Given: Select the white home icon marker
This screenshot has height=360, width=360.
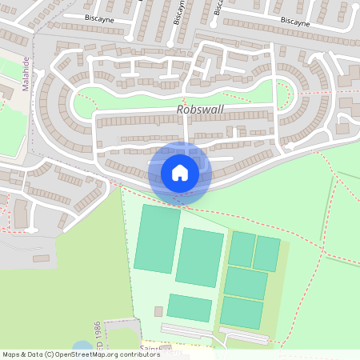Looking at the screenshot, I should [179, 172].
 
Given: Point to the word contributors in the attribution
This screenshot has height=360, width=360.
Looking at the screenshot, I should [137, 354].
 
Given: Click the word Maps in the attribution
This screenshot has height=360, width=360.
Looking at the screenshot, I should [11, 354].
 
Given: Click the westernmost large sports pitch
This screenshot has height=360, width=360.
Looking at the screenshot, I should [157, 238].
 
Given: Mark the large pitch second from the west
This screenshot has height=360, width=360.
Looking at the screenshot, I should [200, 257].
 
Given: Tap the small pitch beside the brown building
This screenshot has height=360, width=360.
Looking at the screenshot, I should [190, 308].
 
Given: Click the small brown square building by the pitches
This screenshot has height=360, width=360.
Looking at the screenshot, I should [158, 310].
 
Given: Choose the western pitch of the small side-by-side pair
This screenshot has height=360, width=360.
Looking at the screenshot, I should [242, 250].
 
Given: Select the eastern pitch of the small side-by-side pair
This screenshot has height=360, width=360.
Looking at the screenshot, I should [267, 254].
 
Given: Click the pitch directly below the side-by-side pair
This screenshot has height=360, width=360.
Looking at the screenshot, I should [246, 283].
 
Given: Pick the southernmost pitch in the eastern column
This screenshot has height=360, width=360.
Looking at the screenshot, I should [242, 312].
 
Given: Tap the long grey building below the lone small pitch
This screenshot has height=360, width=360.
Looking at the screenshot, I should [187, 330].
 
